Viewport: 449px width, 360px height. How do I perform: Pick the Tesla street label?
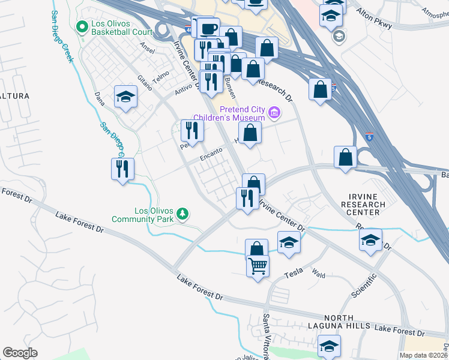pos(294,274)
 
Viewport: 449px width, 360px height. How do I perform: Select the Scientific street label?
pos(364,286)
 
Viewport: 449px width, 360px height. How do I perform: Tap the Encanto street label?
pos(211,155)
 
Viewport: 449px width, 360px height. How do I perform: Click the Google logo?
pos(20,353)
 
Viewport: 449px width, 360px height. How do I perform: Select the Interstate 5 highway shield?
pos(370,137)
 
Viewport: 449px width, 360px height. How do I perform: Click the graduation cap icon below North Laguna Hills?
pos(328,346)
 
